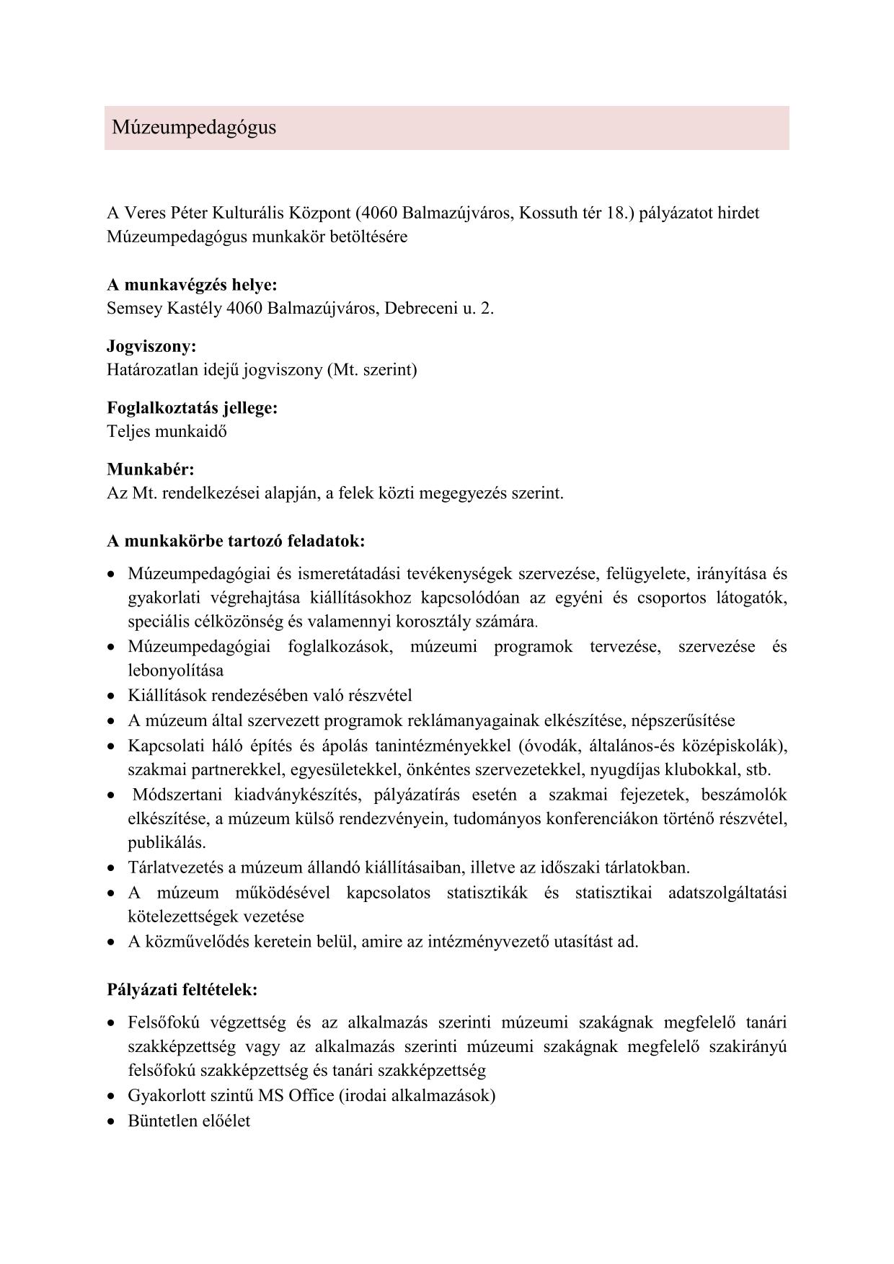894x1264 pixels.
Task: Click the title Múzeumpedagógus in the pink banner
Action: pyautogui.click(x=194, y=128)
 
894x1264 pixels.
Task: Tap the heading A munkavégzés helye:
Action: pyautogui.click(x=192, y=285)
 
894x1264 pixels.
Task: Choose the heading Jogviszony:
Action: pyautogui.click(x=151, y=347)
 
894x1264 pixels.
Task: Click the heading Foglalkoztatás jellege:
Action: pyautogui.click(x=192, y=408)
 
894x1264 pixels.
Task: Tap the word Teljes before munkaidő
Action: pyautogui.click(x=126, y=432)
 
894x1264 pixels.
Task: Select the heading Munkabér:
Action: pyautogui.click(x=151, y=470)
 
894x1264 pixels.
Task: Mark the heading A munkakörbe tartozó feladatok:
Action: pyautogui.click(x=236, y=541)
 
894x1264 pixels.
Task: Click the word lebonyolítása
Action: pyautogui.click(x=176, y=671)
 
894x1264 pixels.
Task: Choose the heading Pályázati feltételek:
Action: pyautogui.click(x=182, y=989)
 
